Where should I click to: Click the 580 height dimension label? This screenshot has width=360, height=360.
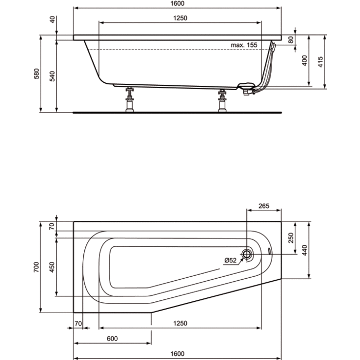click(37, 74)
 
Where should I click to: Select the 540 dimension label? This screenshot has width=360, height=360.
click(52, 76)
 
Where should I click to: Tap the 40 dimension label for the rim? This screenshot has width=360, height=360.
click(52, 20)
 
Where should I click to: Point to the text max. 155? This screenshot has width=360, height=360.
click(244, 45)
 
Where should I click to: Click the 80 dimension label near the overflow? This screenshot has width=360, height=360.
click(291, 40)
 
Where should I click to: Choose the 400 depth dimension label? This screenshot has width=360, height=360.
click(304, 61)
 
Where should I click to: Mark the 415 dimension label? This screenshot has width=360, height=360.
click(320, 62)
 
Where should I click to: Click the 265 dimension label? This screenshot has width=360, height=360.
click(264, 206)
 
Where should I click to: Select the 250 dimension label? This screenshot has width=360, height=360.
click(291, 238)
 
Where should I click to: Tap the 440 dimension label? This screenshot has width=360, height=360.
click(304, 250)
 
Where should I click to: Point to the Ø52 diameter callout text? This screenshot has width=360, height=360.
click(230, 260)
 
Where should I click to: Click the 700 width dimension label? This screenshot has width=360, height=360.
click(37, 267)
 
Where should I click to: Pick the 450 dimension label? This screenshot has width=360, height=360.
click(52, 267)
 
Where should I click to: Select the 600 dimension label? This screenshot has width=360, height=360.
click(112, 338)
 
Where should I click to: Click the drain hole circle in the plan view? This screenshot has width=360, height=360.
click(246, 254)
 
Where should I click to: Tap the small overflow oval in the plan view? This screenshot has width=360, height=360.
click(269, 251)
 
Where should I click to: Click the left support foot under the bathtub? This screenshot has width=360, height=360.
click(130, 100)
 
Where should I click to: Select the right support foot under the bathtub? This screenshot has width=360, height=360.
click(222, 101)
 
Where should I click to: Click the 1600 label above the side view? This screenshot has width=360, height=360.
click(177, 4)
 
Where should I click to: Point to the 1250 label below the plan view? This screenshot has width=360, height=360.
click(180, 323)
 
